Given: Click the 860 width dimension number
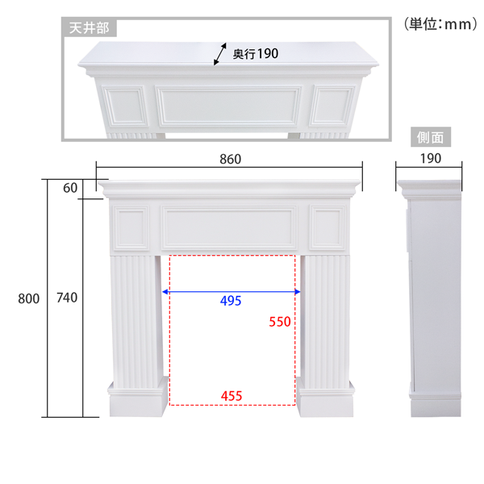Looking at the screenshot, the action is click(230, 159).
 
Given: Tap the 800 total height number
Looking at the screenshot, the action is click(29, 298).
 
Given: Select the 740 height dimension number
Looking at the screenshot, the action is click(67, 298).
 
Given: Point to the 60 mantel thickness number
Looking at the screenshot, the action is click(70, 188).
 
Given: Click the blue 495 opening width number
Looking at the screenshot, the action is click(231, 301).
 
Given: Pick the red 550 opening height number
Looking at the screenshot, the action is click(280, 322).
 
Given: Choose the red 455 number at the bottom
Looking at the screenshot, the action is click(232, 396).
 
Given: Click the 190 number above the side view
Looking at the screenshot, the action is click(431, 159).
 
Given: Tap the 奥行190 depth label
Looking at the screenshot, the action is click(256, 54).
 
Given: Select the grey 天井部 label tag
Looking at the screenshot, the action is click(90, 28).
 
